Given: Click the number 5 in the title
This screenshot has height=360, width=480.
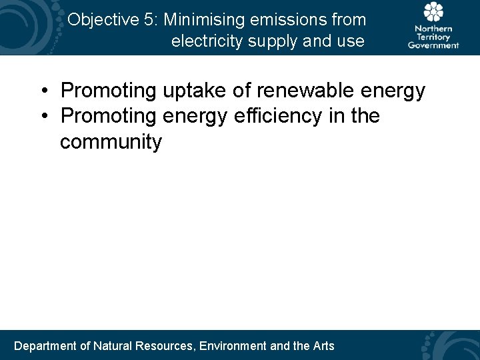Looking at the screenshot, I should (148, 20).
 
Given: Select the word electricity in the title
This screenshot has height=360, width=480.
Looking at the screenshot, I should (207, 41).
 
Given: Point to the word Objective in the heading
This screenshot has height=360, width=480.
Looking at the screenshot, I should (103, 20).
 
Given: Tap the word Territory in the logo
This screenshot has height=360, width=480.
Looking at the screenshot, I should (433, 37).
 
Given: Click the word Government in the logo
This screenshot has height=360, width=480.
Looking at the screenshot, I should (433, 45).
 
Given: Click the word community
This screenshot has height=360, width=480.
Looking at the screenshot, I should (111, 143).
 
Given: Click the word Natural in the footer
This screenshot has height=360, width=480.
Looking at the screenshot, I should (113, 345).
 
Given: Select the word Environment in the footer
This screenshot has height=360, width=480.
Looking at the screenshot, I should (233, 345).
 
